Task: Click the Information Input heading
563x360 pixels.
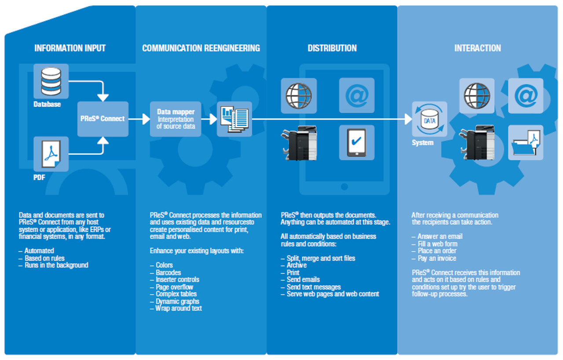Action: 70,48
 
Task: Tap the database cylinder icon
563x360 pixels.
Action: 51,81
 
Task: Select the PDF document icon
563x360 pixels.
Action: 51,154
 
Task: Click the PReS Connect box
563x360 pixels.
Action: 103,119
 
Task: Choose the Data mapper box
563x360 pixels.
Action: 175,119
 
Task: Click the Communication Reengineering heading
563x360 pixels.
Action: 201,48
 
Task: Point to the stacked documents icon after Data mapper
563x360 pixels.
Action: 234,119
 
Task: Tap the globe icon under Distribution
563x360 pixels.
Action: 299,95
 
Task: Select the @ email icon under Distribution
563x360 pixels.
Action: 357,95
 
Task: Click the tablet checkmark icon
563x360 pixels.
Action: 357,142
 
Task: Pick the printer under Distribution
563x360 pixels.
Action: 299,143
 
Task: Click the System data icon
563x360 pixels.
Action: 429,119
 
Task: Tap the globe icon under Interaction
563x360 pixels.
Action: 477,95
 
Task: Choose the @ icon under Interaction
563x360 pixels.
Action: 526,95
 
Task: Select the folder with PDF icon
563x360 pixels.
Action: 526,142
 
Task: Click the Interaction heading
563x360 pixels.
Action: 478,48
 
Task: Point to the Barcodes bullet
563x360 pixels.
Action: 168,273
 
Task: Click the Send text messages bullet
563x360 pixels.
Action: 314,287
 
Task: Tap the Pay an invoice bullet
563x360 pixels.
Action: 437,258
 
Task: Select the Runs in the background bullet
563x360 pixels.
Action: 56,265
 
